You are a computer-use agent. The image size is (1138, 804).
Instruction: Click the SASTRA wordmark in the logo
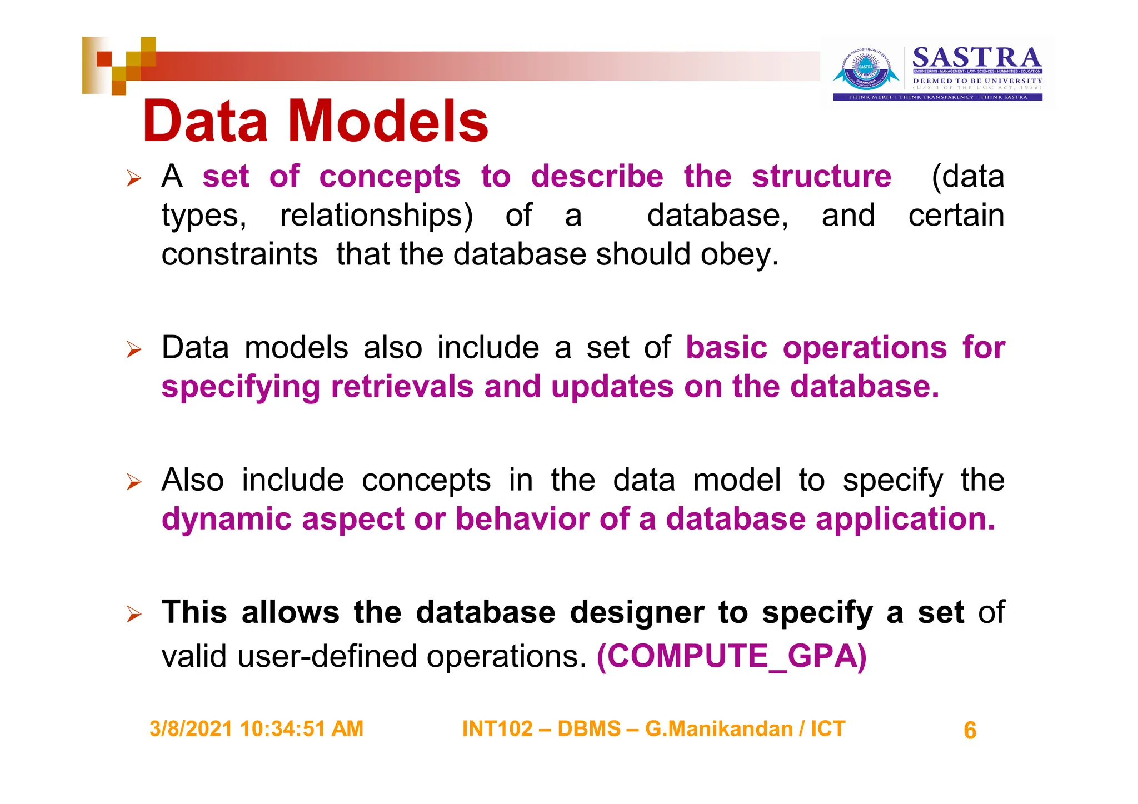tap(977, 58)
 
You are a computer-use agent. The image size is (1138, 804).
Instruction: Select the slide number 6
tap(970, 731)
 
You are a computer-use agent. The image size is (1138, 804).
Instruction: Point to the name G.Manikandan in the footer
tap(718, 729)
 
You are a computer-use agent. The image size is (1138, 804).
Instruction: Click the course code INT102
tap(497, 729)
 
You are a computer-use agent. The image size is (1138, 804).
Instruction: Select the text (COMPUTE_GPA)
tap(731, 656)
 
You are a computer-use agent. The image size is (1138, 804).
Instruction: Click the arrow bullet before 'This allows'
tap(134, 614)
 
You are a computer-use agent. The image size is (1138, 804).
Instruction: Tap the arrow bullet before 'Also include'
tap(134, 482)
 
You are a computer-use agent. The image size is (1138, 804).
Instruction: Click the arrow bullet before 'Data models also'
tap(134, 349)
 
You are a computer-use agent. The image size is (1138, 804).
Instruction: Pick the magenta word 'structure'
tap(821, 177)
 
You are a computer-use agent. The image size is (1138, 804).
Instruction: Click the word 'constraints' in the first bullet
tap(239, 254)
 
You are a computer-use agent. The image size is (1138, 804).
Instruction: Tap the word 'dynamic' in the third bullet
tap(226, 520)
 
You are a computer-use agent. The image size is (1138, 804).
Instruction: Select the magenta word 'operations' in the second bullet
tap(865, 348)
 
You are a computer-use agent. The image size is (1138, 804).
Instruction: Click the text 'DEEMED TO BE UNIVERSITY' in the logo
tap(977, 81)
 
